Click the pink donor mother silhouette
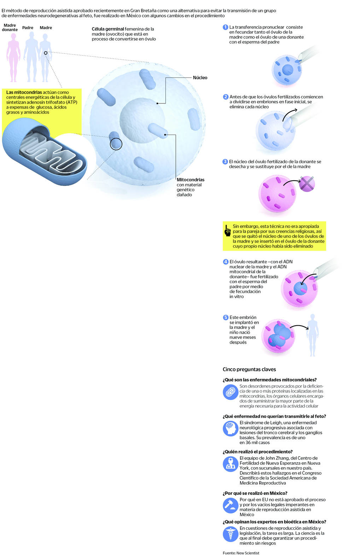(x=13, y=57)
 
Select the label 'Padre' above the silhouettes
(x=28, y=28)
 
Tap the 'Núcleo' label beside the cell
(x=200, y=78)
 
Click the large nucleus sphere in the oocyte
(x=142, y=120)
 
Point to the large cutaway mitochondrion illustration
(x=45, y=151)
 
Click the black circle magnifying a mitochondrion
(x=116, y=144)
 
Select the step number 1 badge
(x=225, y=27)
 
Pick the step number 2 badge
(x=226, y=97)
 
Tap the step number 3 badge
(x=225, y=161)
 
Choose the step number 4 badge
(x=226, y=262)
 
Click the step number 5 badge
(x=226, y=317)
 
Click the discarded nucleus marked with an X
(x=307, y=184)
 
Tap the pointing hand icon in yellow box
(x=227, y=231)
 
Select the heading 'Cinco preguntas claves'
(x=249, y=369)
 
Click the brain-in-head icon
(x=230, y=428)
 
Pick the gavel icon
(x=230, y=505)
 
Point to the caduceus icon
(x=230, y=534)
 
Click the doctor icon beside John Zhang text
(x=230, y=464)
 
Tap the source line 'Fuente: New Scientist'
(x=241, y=553)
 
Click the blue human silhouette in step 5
(x=313, y=335)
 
